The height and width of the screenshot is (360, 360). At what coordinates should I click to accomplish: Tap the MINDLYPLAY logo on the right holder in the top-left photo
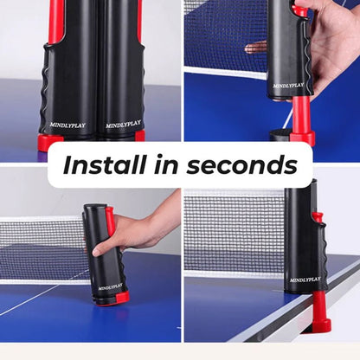coord(123,124)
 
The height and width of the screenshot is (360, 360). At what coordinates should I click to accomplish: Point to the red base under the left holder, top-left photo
coord(50,141)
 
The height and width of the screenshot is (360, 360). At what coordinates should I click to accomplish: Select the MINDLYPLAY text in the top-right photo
coord(288,86)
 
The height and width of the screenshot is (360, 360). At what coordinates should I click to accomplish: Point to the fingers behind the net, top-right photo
coord(257,47)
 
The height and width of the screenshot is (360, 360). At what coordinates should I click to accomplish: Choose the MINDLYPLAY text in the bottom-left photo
coord(110,286)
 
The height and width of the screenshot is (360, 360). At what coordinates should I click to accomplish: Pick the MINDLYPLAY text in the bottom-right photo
coord(304,280)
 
